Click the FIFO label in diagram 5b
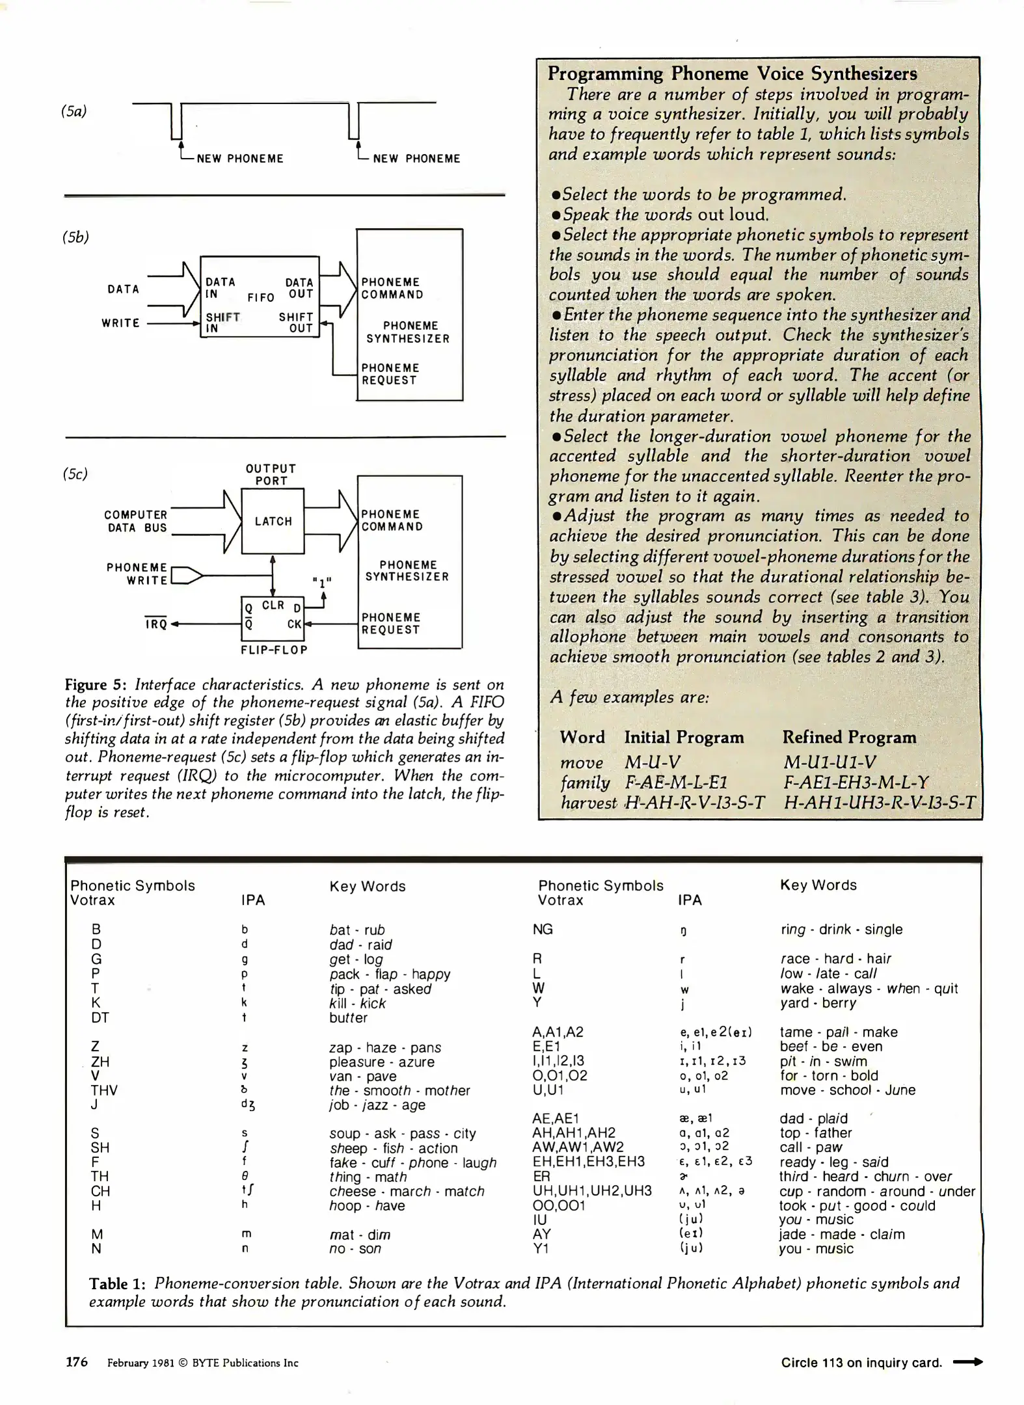[x=261, y=297]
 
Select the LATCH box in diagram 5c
[x=273, y=521]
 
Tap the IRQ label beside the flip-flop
[x=156, y=624]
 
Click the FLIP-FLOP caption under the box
[x=274, y=650]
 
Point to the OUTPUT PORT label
[x=271, y=475]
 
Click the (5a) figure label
[x=74, y=111]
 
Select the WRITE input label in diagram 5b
[x=120, y=323]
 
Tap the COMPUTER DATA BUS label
[x=136, y=521]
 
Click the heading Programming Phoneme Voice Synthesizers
[x=732, y=74]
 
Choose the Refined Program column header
[x=849, y=737]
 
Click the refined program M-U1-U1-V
[x=830, y=762]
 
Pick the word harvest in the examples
[x=588, y=803]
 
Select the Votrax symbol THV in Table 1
[x=104, y=1090]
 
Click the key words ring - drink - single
[x=841, y=930]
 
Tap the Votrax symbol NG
[x=543, y=930]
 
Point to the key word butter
[x=348, y=1018]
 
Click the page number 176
[x=77, y=1361]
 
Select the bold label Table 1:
[x=117, y=1283]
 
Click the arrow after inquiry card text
[x=967, y=1361]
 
